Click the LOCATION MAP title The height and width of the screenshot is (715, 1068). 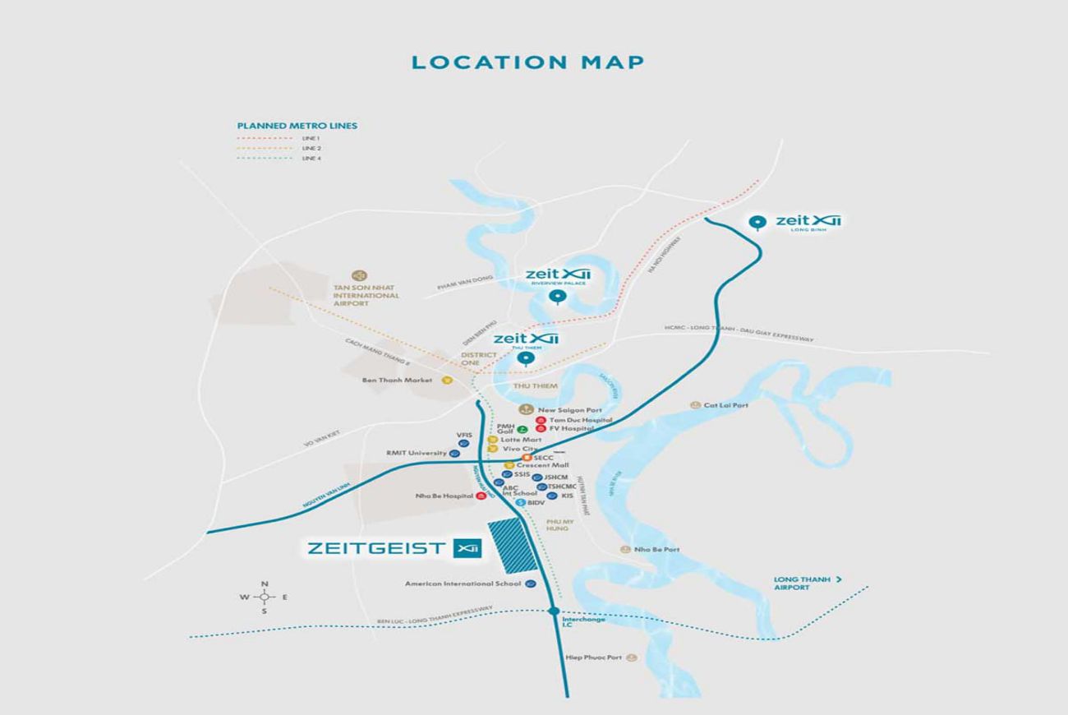tap(528, 62)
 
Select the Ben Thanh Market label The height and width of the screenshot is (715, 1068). tap(397, 381)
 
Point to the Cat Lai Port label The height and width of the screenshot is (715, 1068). tap(725, 405)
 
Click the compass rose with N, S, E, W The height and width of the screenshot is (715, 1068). tap(265, 597)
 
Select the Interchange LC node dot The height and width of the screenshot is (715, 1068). tap(554, 611)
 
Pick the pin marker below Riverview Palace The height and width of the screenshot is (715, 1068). tap(558, 297)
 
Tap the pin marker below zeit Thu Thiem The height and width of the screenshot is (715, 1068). tap(519, 357)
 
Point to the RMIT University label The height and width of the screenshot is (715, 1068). tap(417, 453)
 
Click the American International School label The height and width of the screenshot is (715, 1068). tap(463, 584)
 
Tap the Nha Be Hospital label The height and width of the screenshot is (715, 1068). tap(444, 496)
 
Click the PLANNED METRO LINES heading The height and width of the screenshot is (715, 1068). tap(297, 126)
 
